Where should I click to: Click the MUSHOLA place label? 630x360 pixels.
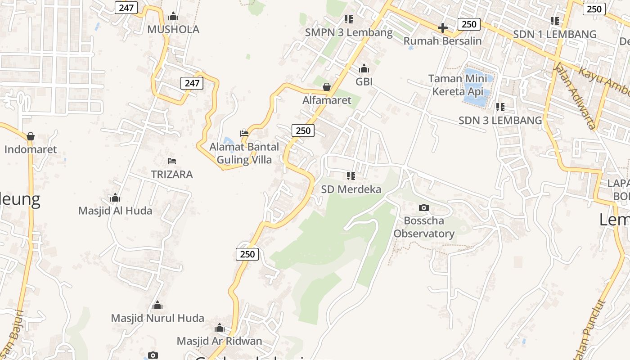point(173,30)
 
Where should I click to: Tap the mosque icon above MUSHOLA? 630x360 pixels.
point(173,17)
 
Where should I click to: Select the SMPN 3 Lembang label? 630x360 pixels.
point(349,32)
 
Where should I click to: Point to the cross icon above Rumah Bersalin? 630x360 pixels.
point(442,28)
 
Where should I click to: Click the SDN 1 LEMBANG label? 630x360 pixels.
point(555,34)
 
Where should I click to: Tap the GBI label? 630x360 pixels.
point(364,82)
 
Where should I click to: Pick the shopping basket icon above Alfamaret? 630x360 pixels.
point(327,87)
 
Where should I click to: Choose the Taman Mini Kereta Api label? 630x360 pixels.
point(458,85)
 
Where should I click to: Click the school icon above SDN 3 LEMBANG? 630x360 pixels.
point(500,107)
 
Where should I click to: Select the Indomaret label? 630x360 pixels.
point(31,149)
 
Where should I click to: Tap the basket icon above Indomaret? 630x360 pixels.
point(31,136)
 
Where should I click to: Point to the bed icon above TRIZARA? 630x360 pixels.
point(171,161)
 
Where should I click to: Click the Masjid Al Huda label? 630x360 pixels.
point(115,211)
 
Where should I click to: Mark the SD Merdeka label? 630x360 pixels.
point(351,189)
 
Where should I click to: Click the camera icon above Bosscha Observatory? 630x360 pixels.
point(423,207)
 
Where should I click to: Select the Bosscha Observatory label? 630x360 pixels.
point(424,227)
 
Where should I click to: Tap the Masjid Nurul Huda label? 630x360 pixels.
point(157,318)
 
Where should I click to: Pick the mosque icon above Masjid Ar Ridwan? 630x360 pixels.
point(219,328)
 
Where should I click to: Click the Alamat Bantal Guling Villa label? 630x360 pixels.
point(244,153)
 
